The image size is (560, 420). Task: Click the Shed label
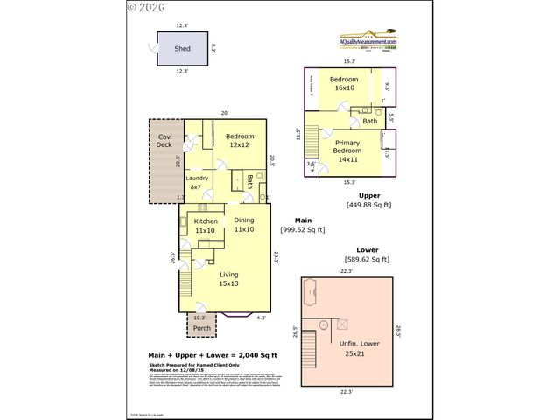(x=182, y=49)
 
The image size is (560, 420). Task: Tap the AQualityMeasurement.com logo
(x=368, y=42)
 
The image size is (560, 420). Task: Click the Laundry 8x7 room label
(x=197, y=183)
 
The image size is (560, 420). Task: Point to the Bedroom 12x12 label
(x=240, y=141)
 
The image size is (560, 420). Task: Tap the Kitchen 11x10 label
(x=206, y=226)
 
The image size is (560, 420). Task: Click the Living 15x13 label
(x=228, y=279)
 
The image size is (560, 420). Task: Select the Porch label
(x=201, y=329)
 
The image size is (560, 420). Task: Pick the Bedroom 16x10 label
(x=343, y=84)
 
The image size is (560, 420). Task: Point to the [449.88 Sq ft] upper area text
(x=368, y=206)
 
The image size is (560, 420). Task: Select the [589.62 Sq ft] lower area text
(x=367, y=259)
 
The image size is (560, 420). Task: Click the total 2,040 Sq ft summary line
(x=213, y=354)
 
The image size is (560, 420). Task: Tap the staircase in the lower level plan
(x=308, y=353)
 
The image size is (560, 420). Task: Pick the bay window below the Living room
(x=238, y=315)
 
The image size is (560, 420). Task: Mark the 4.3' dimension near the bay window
(x=261, y=318)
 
